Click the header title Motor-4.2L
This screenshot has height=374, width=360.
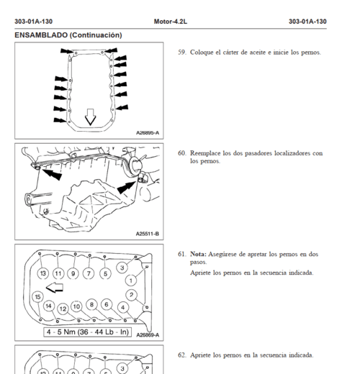click(x=171, y=22)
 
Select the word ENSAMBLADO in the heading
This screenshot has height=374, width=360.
click(x=41, y=35)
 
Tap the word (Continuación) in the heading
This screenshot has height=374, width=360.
click(x=96, y=35)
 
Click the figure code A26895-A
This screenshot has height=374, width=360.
click(x=148, y=133)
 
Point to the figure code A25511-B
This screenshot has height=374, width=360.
click(x=148, y=234)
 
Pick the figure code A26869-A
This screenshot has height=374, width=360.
click(x=148, y=335)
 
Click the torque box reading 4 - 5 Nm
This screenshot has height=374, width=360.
click(x=88, y=332)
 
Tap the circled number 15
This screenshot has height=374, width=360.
click(x=37, y=297)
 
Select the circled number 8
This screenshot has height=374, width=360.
click(x=91, y=304)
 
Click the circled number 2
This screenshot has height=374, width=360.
click(x=131, y=295)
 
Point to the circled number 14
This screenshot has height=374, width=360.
click(x=49, y=306)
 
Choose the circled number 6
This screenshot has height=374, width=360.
click(x=107, y=304)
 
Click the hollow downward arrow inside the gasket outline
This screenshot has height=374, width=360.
click(x=90, y=117)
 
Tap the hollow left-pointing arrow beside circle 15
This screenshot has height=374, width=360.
click(x=55, y=288)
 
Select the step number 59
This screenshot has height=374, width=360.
click(x=182, y=53)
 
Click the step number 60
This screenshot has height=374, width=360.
click(x=182, y=153)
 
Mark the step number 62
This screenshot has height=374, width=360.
click(x=182, y=355)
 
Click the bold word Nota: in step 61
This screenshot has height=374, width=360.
click(x=198, y=254)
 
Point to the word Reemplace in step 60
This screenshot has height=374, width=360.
click(x=205, y=154)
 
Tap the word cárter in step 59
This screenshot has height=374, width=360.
click(x=231, y=53)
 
